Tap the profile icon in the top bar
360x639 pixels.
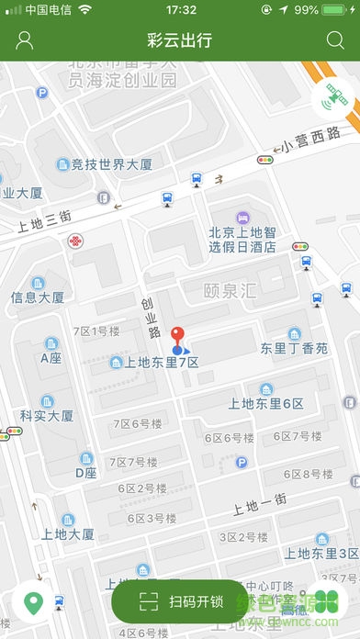click(x=25, y=39)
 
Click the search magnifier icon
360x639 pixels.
click(x=334, y=39)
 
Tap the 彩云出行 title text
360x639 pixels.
click(x=179, y=39)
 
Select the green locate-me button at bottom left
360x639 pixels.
click(x=34, y=603)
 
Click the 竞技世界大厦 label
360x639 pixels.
click(x=109, y=164)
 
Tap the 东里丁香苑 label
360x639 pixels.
click(x=294, y=349)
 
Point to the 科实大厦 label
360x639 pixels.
click(x=47, y=415)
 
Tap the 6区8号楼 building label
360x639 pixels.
click(x=308, y=474)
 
